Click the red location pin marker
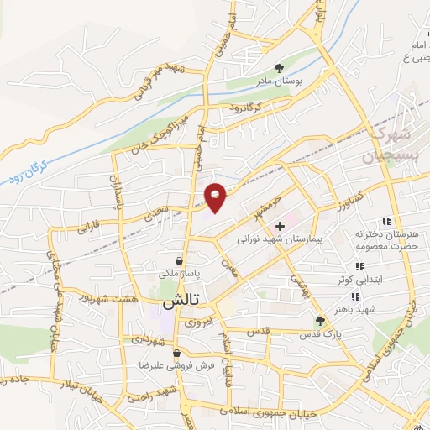tap(216, 197)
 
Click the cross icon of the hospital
tap(280, 225)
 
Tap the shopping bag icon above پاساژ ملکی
tap(178, 260)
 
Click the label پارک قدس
tap(319, 334)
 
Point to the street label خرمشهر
tap(265, 207)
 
